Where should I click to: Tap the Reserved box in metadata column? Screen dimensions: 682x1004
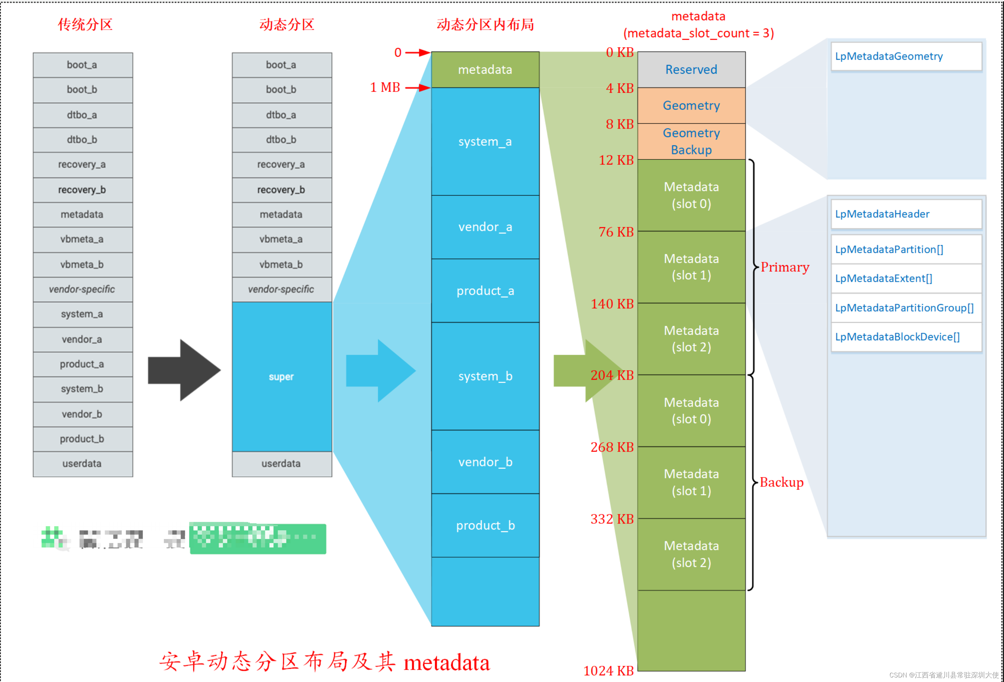tap(691, 70)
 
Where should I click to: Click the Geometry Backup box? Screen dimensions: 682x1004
tap(691, 141)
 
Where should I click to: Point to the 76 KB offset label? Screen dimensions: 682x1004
tap(616, 232)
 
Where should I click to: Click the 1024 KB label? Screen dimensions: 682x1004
tap(608, 670)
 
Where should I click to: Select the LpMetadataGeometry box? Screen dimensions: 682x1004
tap(906, 56)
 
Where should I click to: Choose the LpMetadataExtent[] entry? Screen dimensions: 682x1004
tap(906, 278)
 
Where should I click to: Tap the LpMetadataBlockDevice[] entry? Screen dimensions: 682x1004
tap(906, 337)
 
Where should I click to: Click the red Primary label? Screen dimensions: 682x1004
tap(784, 267)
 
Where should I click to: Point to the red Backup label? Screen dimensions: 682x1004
tap(781, 482)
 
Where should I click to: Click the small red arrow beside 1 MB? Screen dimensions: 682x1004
tap(417, 88)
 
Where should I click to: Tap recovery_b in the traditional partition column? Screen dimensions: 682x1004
tap(82, 190)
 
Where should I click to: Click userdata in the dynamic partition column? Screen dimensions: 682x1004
tap(281, 464)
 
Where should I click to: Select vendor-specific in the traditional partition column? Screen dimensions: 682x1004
tap(82, 289)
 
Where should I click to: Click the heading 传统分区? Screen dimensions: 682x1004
tap(85, 25)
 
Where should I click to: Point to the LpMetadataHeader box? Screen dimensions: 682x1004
tap(906, 214)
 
